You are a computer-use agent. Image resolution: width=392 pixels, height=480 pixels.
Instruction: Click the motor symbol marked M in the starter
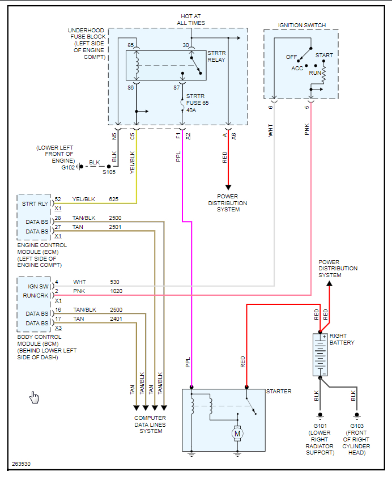(x=237, y=434)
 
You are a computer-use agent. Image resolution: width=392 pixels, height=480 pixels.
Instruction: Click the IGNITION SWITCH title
(x=301, y=25)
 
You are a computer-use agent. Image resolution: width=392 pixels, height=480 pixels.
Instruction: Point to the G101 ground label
(x=320, y=426)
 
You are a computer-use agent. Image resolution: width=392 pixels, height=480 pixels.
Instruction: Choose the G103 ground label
(x=356, y=426)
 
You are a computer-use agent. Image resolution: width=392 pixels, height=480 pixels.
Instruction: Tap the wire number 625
(x=113, y=199)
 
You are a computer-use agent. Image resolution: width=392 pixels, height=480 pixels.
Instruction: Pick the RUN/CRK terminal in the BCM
(x=35, y=295)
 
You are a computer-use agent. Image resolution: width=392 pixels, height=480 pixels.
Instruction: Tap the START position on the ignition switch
(x=324, y=56)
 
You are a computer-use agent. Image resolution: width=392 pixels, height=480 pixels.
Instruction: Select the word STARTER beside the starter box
(x=279, y=392)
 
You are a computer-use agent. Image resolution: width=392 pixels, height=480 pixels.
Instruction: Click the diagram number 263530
(x=21, y=464)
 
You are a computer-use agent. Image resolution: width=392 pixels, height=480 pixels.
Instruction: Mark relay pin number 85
(x=131, y=45)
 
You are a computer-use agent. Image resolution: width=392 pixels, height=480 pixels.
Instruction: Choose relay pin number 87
(x=176, y=87)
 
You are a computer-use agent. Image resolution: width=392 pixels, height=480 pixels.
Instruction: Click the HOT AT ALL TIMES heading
(x=191, y=19)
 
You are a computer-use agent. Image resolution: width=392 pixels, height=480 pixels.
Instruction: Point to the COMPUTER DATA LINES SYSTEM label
(x=150, y=424)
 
